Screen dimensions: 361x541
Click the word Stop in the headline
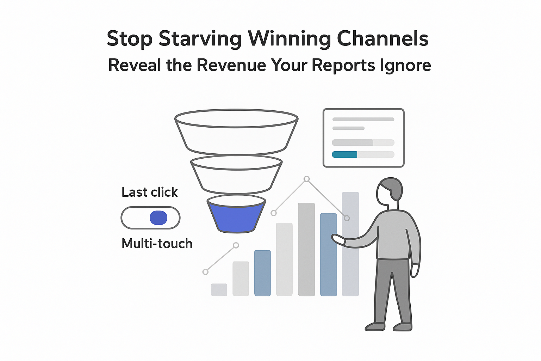[129, 38]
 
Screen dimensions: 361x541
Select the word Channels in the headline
[383, 38]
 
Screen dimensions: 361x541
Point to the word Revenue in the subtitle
[230, 65]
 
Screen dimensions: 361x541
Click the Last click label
[149, 192]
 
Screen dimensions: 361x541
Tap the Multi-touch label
[157, 244]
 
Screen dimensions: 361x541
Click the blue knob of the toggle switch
[158, 218]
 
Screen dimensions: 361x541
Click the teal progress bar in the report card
[344, 154]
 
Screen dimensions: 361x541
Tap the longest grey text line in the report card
[363, 119]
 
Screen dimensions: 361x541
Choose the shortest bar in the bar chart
[219, 289]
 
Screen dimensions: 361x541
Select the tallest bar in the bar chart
[350, 243]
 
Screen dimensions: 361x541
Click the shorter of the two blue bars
[262, 273]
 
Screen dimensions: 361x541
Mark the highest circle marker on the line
[306, 179]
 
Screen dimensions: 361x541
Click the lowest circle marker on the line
[205, 272]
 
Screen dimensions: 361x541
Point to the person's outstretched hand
[337, 239]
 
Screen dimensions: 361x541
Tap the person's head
[390, 190]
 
